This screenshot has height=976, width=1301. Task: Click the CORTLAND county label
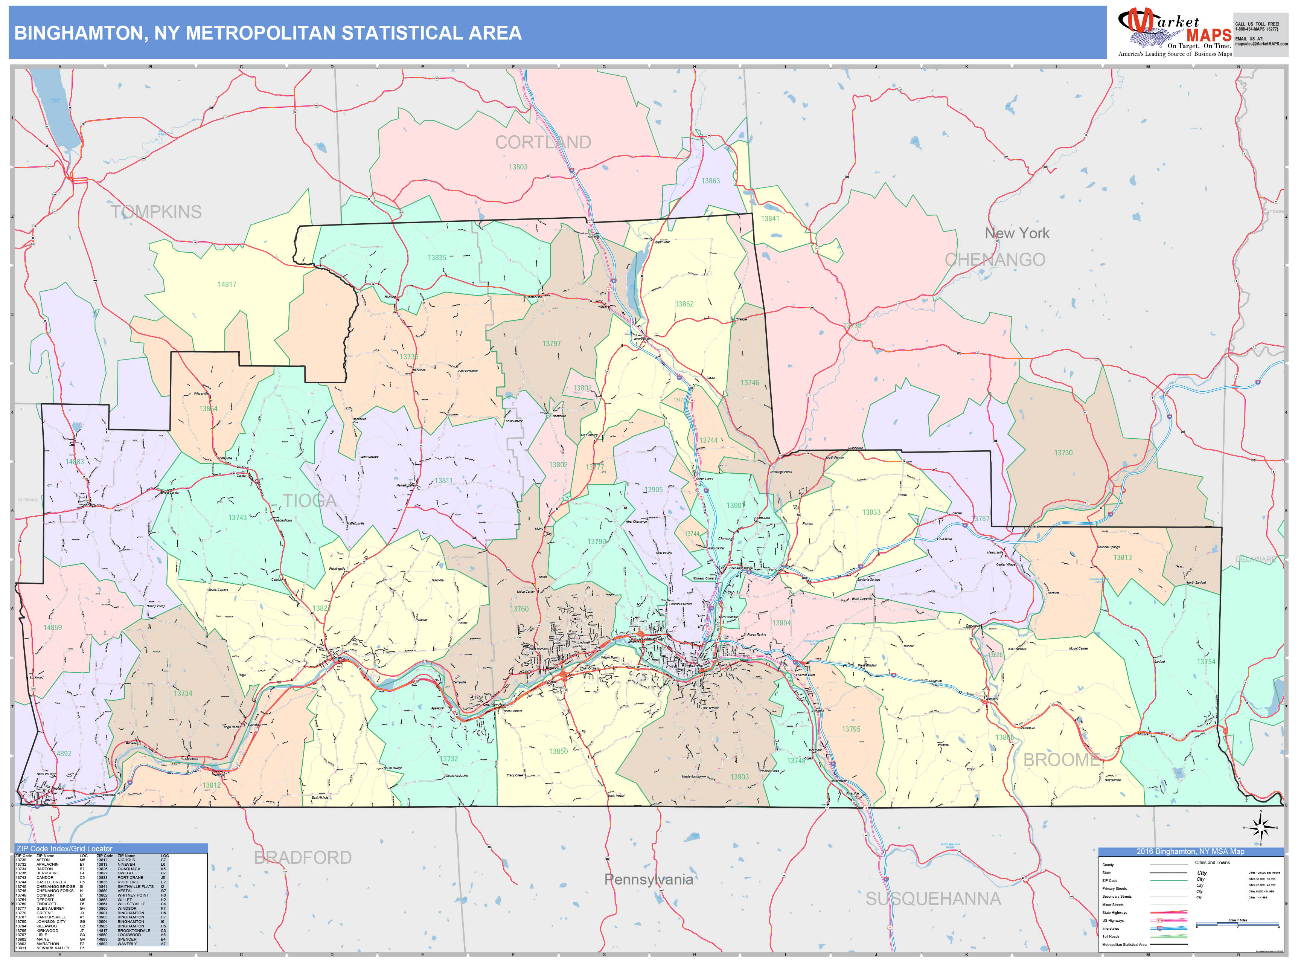pos(543,142)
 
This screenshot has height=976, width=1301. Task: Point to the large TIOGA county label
pos(309,501)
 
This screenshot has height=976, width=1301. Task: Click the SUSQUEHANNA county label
pos(933,899)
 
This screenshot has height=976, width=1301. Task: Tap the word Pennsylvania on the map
pos(649,880)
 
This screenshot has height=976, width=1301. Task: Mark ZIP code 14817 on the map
pos(227,285)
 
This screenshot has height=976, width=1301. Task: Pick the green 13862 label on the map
pos(684,304)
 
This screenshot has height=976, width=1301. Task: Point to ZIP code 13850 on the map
pos(558,751)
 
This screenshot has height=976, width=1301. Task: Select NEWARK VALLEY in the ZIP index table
pos(53,948)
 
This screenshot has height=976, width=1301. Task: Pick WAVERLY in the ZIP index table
pos(127,944)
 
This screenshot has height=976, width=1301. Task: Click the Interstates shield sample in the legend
pos(1160,928)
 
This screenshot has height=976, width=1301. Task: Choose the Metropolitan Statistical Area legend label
pos(1124,944)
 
